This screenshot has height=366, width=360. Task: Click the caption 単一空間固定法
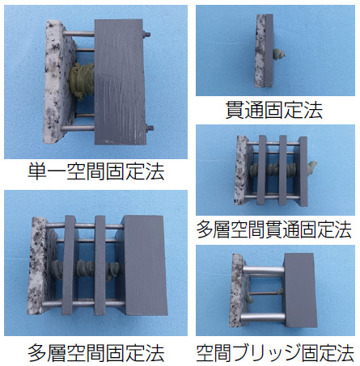(x=95, y=171)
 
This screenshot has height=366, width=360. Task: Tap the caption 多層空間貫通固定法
(x=274, y=229)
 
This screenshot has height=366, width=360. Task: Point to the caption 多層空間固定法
(x=96, y=352)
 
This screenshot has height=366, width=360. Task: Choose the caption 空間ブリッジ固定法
(x=275, y=352)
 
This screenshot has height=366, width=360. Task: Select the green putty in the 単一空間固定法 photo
(x=81, y=81)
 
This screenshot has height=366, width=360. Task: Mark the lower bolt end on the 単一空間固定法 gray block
(x=150, y=128)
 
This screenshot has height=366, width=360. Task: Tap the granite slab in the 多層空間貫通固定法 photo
(x=240, y=170)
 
